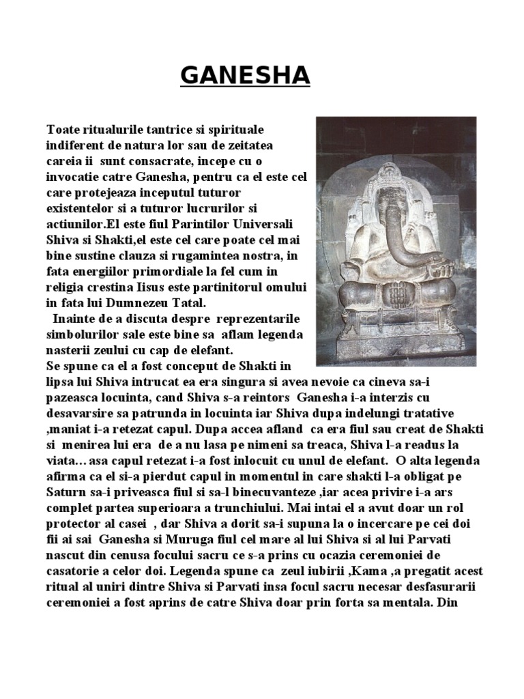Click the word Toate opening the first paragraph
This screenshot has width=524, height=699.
tap(64, 129)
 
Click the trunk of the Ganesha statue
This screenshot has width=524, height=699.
tap(399, 225)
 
